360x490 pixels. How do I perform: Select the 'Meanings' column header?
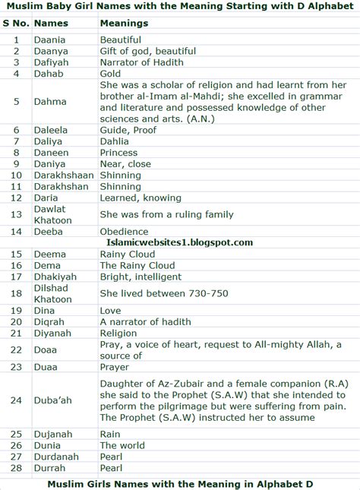point(124,23)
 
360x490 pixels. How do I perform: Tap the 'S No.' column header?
point(15,23)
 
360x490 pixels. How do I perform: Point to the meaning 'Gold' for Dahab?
point(111,74)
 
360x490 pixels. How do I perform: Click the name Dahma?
point(50,102)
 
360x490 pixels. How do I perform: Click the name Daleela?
point(52,130)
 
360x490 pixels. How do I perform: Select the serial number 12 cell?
point(16,198)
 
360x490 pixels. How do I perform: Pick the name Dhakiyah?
point(55,277)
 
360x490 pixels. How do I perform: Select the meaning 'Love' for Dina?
point(111,310)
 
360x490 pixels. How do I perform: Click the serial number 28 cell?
point(16,468)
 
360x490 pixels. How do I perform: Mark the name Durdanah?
point(55,457)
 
